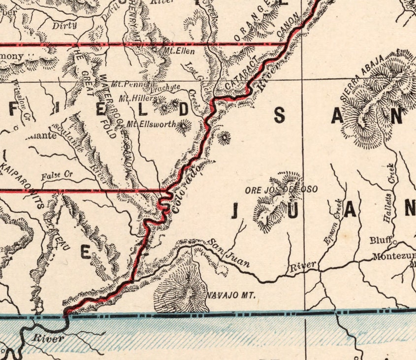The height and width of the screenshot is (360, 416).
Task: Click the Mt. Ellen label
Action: coord(180,51)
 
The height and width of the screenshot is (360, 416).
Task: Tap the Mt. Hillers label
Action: coord(138,98)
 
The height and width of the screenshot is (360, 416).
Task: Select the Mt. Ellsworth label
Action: coord(151,124)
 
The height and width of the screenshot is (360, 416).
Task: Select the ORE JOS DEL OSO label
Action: coord(281,189)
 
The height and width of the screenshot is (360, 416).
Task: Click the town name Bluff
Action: coord(381,240)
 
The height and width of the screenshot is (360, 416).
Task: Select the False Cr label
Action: coord(57,174)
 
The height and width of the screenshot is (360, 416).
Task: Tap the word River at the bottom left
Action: coord(48,338)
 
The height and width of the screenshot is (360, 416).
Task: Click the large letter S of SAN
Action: coord(279,116)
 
